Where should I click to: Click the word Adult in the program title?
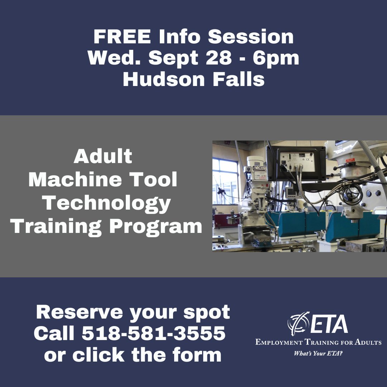(x=103, y=157)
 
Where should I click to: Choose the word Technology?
(x=107, y=203)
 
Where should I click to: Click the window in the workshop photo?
(x=225, y=181)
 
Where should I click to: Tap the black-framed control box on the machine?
(x=295, y=163)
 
